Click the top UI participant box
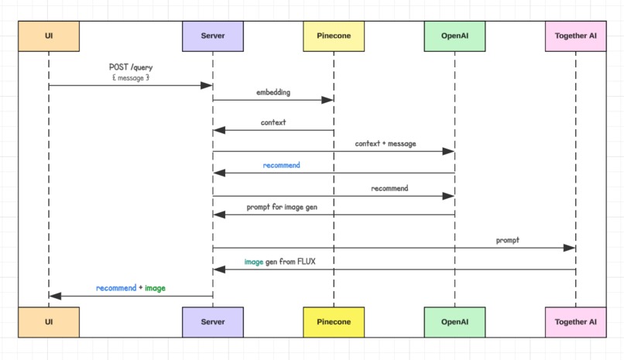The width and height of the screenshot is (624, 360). coord(48,36)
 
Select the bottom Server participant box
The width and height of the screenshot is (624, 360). coord(213,321)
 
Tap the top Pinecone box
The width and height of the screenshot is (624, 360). coord(334,36)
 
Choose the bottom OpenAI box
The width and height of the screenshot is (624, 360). coord(454,321)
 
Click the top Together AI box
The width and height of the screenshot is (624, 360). coord(575,36)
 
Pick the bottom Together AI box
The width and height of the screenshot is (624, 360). coord(575,321)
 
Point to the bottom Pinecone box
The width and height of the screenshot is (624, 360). coord(334,321)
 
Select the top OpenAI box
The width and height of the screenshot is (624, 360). coord(454,36)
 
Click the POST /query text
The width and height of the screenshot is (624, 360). coord(130,67)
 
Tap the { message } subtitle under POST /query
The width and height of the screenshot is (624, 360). coord(130,77)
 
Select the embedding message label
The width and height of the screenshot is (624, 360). coord(273,92)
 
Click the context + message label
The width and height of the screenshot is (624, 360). coord(385,144)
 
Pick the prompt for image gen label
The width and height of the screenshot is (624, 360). coord(282,207)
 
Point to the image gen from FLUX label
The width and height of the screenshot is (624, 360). coord(279,262)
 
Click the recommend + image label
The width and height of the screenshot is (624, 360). coord(130,288)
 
